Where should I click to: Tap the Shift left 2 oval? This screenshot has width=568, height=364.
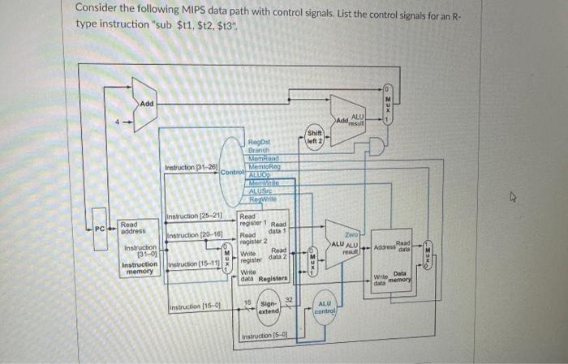pyautogui.click(x=316, y=139)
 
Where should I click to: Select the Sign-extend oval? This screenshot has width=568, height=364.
pyautogui.click(x=269, y=307)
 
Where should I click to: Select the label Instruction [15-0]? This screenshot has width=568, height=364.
pyautogui.click(x=191, y=306)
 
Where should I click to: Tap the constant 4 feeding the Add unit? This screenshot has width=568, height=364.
pyautogui.click(x=117, y=124)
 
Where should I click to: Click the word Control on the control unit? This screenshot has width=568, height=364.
pyautogui.click(x=231, y=172)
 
